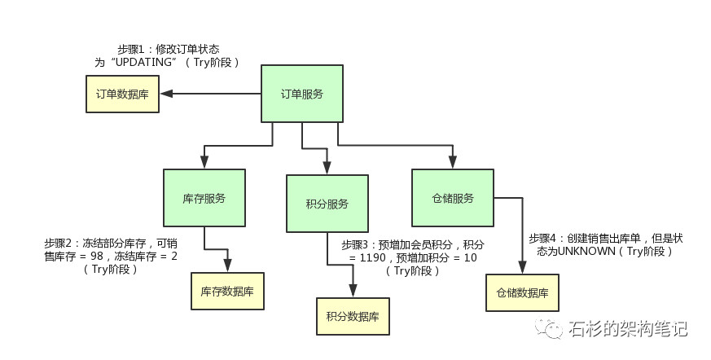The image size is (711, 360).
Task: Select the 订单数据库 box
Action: point(123,94)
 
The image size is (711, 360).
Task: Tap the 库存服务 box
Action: point(204,198)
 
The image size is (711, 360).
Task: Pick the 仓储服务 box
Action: point(452,198)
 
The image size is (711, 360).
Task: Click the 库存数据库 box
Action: point(227,291)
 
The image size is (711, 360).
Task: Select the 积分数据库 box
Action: point(352,316)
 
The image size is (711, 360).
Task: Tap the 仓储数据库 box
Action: point(522,292)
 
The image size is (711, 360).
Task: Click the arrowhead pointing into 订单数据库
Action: point(165,94)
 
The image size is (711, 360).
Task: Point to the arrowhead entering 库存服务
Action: point(204,164)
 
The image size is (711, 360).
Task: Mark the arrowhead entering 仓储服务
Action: point(452,164)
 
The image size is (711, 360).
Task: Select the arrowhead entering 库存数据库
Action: point(227,267)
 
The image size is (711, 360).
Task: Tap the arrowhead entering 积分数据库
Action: point(352,292)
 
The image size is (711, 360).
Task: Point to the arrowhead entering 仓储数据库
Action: point(521,268)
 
